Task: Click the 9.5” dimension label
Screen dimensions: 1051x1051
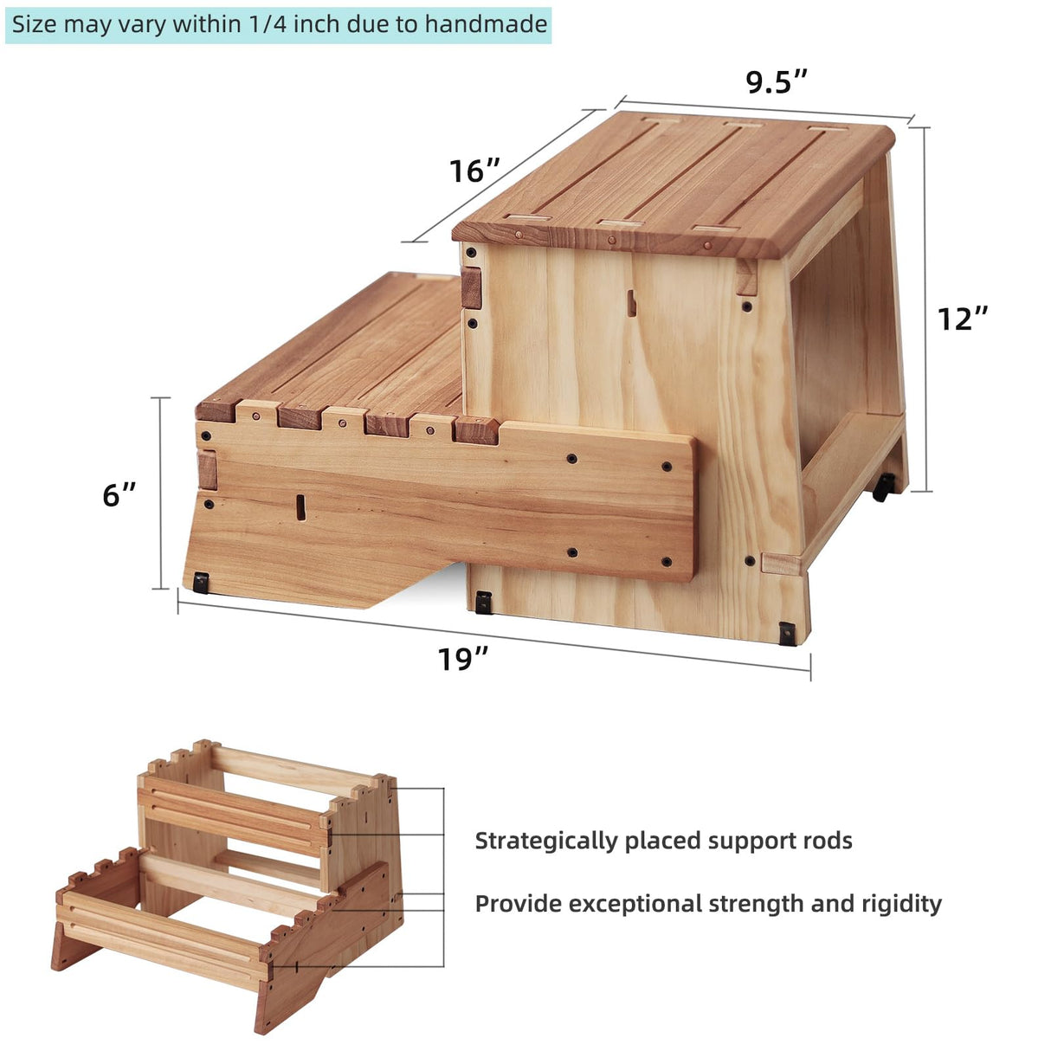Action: coord(777,82)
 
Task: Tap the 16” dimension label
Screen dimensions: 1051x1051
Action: coord(474,171)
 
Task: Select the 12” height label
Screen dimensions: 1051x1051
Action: coord(962,319)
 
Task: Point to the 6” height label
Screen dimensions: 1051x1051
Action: coord(119,494)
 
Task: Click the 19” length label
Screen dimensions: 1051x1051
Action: coord(462,659)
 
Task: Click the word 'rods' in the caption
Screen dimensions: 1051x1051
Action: coord(825,841)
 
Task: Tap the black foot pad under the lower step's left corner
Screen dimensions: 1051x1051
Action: coord(202,583)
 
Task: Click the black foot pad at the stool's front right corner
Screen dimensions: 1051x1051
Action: coord(787,635)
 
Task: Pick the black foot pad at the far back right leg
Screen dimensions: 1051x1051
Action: coord(882,488)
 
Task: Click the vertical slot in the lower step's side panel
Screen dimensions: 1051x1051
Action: coord(300,506)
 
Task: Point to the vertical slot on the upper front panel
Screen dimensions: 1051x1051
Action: coord(632,303)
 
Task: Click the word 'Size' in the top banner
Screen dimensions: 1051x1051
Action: coord(33,24)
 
